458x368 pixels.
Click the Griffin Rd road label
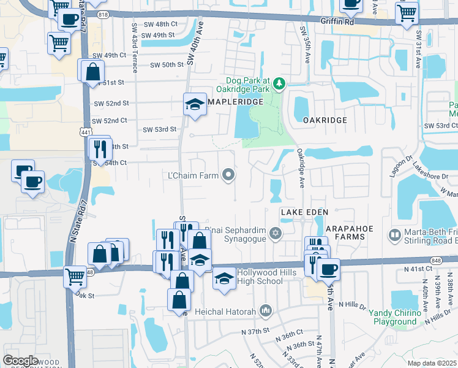point(337,20)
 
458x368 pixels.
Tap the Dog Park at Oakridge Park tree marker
point(279,83)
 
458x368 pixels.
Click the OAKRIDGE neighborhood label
point(325,121)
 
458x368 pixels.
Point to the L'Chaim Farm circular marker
point(229,176)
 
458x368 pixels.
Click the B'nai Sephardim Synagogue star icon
point(276,232)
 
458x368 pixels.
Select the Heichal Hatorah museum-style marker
point(265,312)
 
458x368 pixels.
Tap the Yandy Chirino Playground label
point(396,317)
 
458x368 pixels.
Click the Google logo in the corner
point(20,361)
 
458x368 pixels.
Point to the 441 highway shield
point(86,132)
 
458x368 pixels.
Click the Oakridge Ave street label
point(301,167)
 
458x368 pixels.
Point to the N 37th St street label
point(255,331)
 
